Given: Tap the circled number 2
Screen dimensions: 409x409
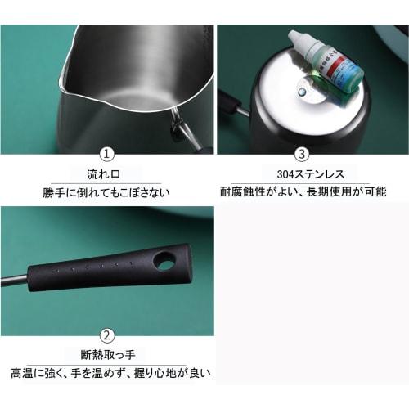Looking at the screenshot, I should point(106,335).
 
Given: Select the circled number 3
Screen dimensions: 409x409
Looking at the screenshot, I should point(302,154).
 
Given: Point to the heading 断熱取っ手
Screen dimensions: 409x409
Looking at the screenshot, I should point(106,355).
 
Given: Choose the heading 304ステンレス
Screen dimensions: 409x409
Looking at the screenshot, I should point(302,174).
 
